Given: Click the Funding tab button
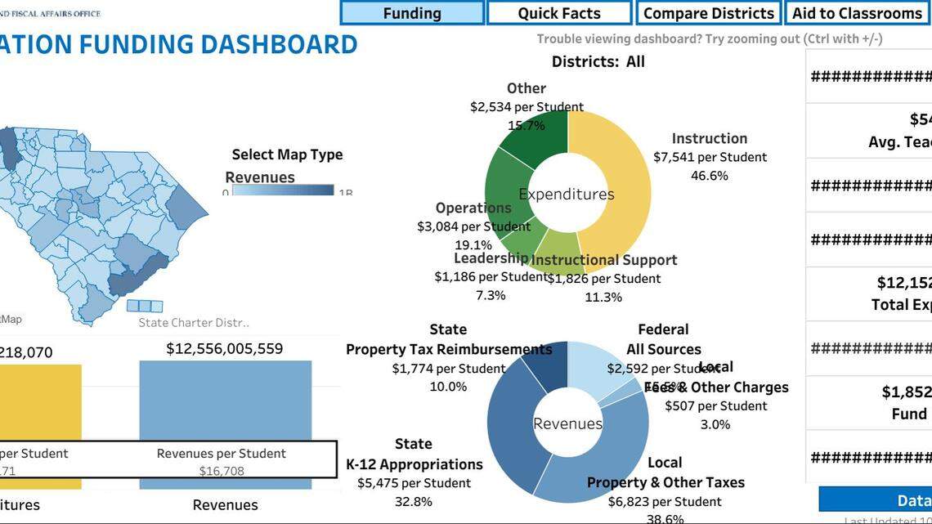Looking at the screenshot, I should [x=412, y=13].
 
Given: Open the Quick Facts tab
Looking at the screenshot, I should [x=559, y=13].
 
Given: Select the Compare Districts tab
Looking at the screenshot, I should [x=708, y=13].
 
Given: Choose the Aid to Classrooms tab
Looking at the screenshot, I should [x=857, y=13].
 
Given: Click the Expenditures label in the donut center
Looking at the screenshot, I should [x=567, y=195].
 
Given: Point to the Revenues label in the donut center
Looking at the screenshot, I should [x=567, y=423].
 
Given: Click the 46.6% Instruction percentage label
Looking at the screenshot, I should [x=709, y=176].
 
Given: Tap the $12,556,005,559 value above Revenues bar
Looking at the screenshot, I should [x=225, y=349].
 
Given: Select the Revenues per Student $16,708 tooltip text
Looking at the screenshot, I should [x=222, y=462].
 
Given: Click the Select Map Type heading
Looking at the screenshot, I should [x=287, y=155].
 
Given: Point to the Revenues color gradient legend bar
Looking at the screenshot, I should [x=283, y=190].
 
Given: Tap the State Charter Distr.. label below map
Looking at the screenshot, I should [x=194, y=323].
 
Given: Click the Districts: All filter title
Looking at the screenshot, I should [x=598, y=61].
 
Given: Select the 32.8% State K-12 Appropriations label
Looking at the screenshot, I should [x=413, y=502].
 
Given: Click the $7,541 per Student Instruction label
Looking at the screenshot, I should [x=710, y=157].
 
